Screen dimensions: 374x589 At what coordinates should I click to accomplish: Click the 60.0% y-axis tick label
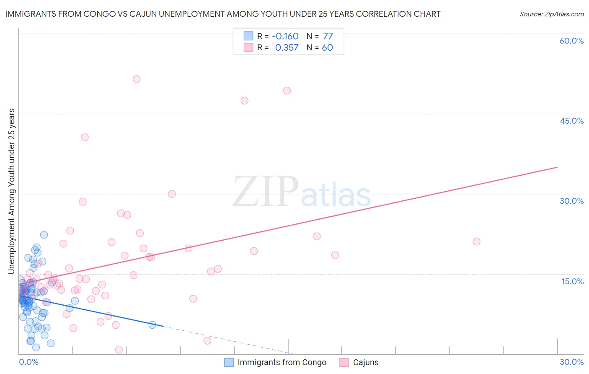[571, 41]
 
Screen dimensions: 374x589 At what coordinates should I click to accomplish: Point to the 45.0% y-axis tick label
[571, 121]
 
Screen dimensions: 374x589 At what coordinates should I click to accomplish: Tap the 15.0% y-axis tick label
[572, 281]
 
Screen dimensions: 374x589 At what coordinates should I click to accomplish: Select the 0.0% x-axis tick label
[28, 362]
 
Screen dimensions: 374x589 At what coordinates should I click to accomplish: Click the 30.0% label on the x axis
[571, 362]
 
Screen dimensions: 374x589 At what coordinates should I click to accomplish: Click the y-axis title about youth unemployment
[11, 191]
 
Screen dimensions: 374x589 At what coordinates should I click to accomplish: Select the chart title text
[223, 14]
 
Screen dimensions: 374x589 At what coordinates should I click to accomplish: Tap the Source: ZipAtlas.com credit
[551, 14]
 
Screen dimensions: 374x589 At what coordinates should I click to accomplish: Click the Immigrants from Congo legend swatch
[229, 362]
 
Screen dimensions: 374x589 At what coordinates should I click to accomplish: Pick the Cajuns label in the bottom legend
[365, 362]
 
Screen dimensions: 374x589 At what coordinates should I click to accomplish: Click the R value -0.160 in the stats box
[285, 36]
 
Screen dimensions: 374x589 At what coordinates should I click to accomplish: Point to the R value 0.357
[287, 47]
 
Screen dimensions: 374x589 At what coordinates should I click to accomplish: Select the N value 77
[328, 36]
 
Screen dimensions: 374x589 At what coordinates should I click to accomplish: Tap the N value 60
[327, 47]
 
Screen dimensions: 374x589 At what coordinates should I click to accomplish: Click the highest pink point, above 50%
[137, 79]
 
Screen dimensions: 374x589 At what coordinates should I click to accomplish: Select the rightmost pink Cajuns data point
[476, 242]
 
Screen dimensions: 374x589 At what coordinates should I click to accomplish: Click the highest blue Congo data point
[44, 235]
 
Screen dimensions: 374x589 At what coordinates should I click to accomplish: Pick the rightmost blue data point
[152, 325]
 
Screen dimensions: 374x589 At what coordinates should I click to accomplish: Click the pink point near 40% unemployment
[85, 137]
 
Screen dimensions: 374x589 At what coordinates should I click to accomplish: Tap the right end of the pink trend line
[557, 167]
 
